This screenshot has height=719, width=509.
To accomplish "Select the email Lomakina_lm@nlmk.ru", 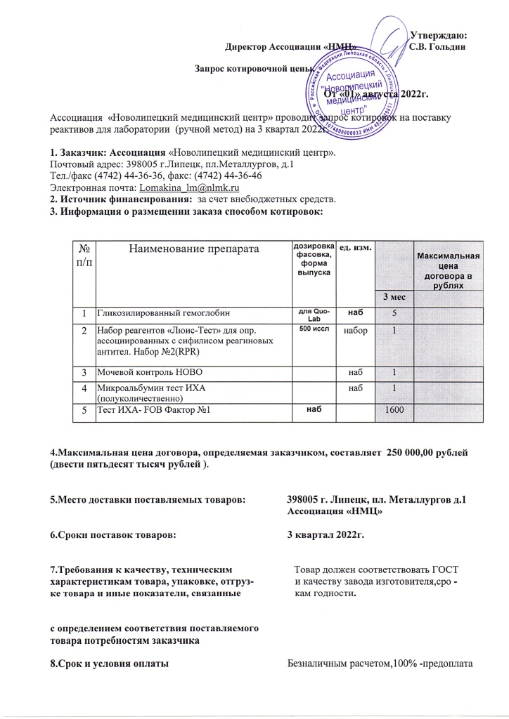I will (191, 188).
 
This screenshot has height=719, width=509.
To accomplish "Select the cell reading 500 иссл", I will (309, 329).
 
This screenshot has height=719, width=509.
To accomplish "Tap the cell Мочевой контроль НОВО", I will (144, 371).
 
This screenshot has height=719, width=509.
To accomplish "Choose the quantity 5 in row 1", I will (394, 312).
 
